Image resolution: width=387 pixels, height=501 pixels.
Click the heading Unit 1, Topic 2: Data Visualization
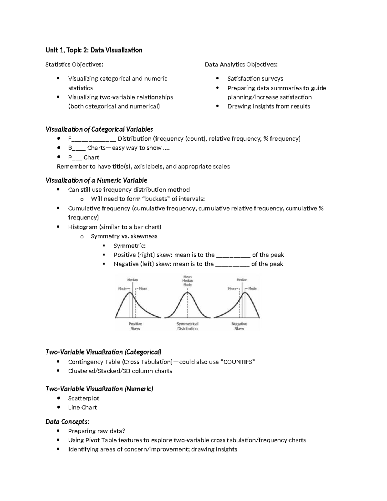coord(94,50)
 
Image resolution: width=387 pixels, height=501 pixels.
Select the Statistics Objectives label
coord(74,65)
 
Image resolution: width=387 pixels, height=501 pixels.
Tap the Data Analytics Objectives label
coord(241,65)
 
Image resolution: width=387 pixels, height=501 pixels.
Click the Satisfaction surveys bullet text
coord(255,79)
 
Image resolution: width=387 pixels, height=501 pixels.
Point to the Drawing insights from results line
coord(268,106)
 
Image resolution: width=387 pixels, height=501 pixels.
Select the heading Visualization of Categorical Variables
coord(99,129)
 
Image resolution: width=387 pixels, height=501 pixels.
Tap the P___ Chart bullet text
coord(84,157)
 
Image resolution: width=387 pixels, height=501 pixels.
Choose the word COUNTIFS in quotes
coord(237,362)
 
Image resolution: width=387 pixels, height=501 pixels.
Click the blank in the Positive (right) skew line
coord(233,255)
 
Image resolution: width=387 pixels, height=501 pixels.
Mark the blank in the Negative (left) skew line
coord(232,265)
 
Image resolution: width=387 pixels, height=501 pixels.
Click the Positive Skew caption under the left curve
coord(135,326)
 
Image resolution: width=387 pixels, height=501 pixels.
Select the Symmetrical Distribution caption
coord(187,326)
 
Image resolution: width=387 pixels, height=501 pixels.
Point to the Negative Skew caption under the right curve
coord(239,326)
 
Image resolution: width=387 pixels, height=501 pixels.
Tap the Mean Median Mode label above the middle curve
coord(187,281)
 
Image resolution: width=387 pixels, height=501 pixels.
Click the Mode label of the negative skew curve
coord(252,288)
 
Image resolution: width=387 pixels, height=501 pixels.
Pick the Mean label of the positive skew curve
coord(143,288)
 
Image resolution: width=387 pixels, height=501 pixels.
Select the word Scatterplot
coord(84,398)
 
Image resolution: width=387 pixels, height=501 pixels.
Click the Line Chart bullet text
coord(82,407)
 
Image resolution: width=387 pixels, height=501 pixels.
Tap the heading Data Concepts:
coord(67,422)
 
